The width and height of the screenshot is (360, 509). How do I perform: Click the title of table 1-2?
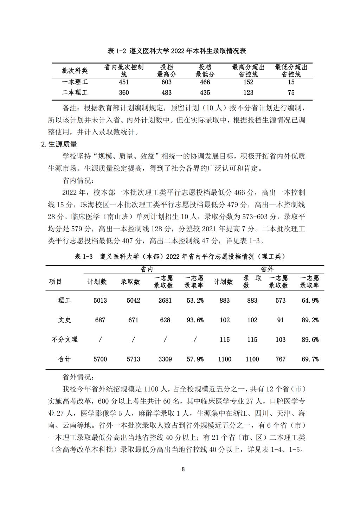tap(177, 51)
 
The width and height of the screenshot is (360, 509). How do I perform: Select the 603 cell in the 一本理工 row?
tap(166, 82)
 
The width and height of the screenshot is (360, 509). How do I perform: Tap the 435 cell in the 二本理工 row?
tap(205, 93)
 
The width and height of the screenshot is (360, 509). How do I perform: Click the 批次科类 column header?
tap(75, 71)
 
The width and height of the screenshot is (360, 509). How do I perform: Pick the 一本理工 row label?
tap(75, 82)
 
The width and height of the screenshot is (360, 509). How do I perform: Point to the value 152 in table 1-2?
tap(248, 82)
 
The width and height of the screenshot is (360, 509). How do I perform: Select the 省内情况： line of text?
tap(78, 181)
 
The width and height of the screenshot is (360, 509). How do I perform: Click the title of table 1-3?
tap(180, 257)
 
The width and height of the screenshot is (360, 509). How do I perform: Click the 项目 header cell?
tap(56, 282)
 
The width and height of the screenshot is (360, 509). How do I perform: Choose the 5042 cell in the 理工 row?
tap(133, 301)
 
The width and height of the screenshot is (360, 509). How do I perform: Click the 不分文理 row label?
tap(64, 340)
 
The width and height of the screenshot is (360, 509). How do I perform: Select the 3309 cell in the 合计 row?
tap(165, 359)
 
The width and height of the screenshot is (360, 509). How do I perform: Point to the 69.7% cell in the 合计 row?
tap(310, 359)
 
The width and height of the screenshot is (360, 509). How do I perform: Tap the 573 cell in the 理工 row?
tap(280, 301)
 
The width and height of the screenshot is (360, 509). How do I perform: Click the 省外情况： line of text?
tap(78, 377)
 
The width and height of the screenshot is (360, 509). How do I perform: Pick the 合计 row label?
tap(64, 359)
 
